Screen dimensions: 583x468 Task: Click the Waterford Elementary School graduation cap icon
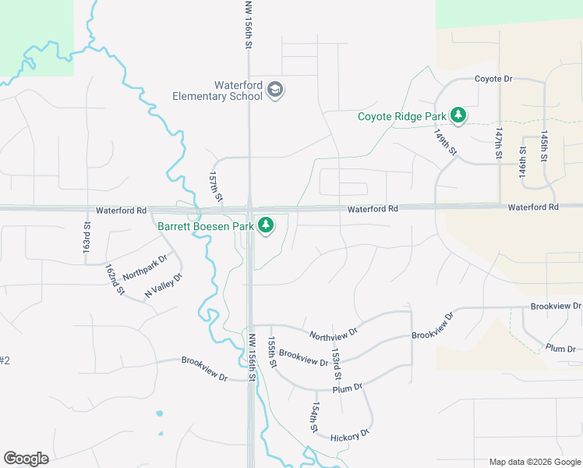click(x=275, y=90)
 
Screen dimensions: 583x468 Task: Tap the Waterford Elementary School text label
click(x=217, y=90)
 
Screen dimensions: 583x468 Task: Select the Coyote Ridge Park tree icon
click(x=459, y=116)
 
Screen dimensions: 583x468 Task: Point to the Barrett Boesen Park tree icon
click(x=267, y=226)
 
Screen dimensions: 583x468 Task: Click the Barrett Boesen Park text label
click(x=207, y=226)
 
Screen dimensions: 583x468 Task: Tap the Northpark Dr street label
click(x=145, y=267)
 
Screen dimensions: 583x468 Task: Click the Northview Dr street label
click(x=333, y=331)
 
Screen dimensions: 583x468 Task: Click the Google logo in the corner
click(x=26, y=459)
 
